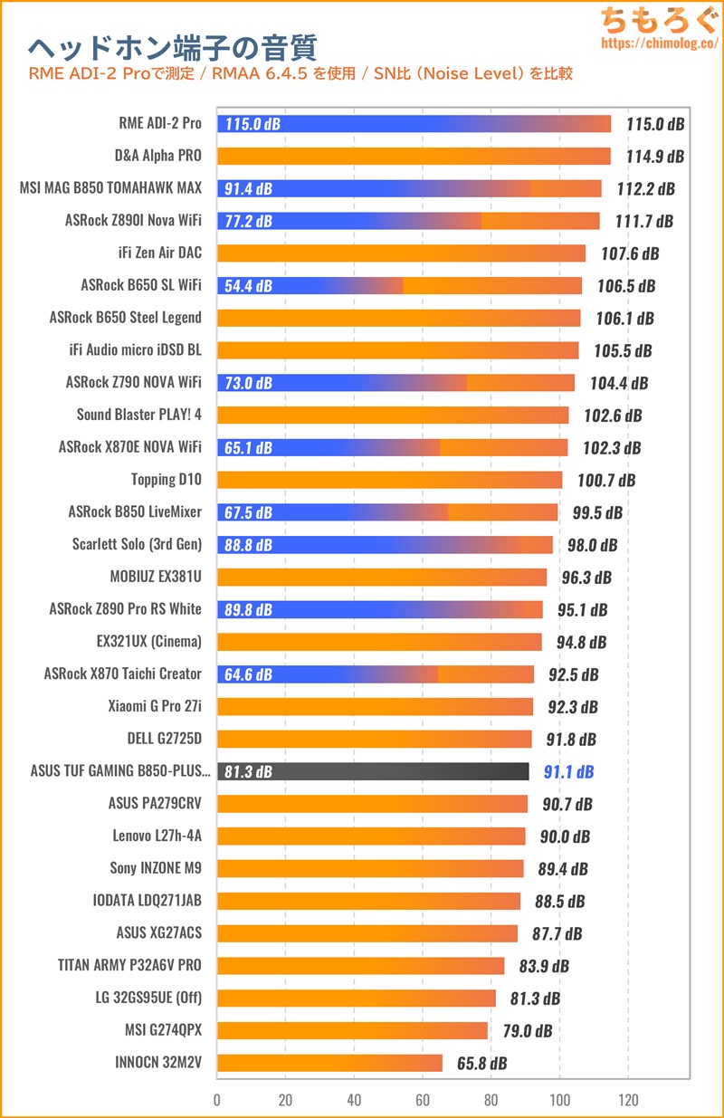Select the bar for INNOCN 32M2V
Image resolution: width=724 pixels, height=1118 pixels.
330,1063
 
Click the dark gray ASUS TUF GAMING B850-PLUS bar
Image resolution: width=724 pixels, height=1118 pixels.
373,771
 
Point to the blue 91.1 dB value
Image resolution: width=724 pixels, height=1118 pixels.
568,772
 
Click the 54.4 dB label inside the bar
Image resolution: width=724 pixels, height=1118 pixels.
247,286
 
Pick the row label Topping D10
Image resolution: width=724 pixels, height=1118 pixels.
167,480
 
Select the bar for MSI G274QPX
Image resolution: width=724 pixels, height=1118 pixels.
353,1030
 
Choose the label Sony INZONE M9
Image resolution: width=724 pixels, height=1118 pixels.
156,868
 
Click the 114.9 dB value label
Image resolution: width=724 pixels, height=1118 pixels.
655,157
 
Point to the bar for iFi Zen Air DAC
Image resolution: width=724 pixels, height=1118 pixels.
401,253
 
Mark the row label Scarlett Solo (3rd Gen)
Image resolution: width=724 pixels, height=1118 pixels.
137,544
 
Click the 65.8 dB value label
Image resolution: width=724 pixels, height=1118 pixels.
481,1064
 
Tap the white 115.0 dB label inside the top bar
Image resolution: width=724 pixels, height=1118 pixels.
252,124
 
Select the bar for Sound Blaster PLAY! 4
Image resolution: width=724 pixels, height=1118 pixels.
393,416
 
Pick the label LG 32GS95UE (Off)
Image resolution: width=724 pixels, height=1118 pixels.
148,998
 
